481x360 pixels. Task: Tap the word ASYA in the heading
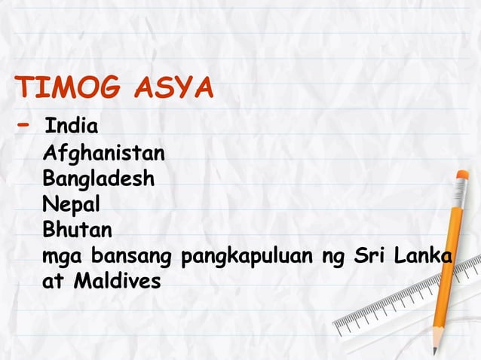click(173, 89)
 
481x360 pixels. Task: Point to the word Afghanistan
click(104, 155)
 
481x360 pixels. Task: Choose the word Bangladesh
click(99, 180)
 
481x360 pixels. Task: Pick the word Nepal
click(72, 204)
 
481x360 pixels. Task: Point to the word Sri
click(371, 257)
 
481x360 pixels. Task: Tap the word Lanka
click(424, 257)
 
